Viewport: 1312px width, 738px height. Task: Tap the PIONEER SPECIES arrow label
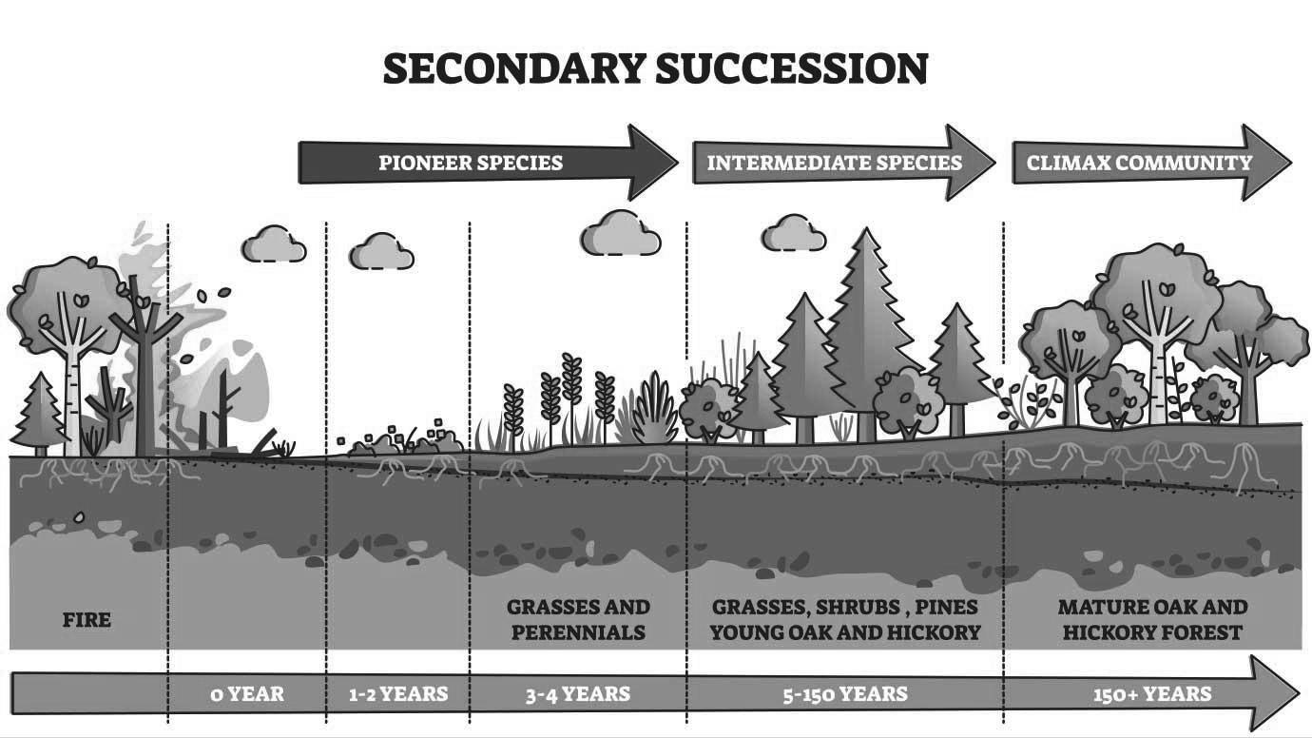[471, 163]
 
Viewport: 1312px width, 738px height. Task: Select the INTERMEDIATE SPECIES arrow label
[834, 163]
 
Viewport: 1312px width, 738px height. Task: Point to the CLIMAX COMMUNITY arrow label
[1139, 163]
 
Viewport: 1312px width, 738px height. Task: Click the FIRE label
[87, 620]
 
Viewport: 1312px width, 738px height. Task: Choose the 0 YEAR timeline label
[247, 693]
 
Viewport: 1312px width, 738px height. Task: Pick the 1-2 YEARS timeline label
[397, 693]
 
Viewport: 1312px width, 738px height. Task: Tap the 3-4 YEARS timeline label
[577, 693]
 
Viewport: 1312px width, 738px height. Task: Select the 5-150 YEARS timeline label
[844, 693]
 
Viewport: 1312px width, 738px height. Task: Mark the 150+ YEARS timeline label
[1152, 693]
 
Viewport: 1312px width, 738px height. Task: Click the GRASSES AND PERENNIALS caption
[578, 619]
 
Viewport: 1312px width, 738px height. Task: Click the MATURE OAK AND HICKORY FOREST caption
[1152, 619]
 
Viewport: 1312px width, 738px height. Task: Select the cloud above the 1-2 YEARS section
[381, 252]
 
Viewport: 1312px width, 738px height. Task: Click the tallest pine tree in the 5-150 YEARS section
[864, 323]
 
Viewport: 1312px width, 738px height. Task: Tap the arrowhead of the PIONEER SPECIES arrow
[656, 163]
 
